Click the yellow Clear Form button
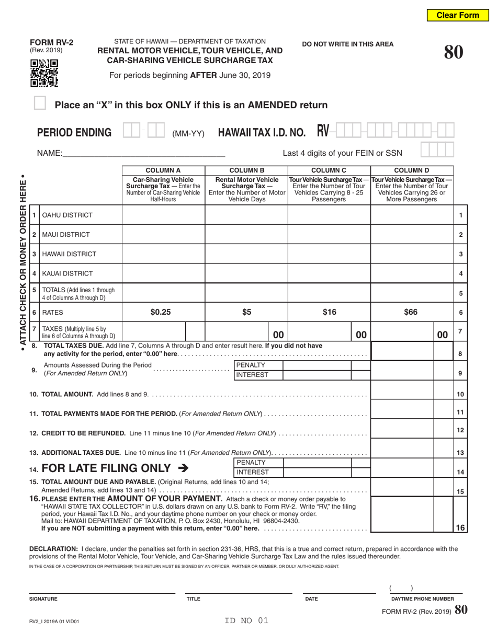458,15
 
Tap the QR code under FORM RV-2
44,73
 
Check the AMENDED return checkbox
40,104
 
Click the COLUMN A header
163,170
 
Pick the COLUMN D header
411,170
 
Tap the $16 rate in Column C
329,312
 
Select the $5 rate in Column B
246,312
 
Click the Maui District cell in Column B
246,235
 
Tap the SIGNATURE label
43,599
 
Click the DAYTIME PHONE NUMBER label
423,599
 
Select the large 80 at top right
453,52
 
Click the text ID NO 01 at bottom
246,621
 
